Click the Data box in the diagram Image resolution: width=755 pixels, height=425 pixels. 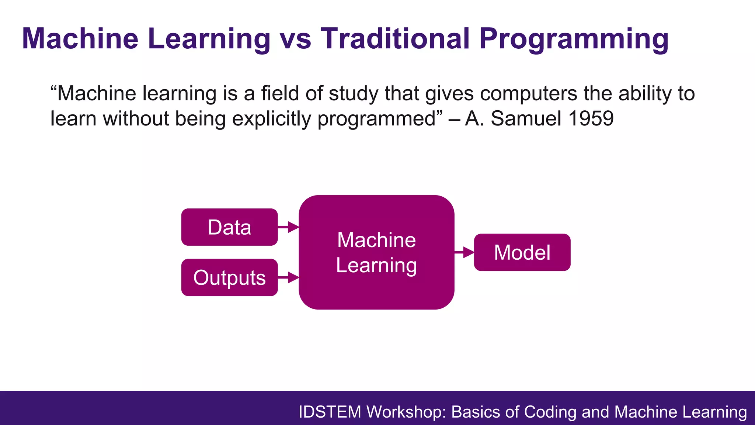point(229,227)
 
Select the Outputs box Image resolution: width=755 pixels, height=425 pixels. point(229,277)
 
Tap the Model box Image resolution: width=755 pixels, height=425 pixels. point(522,252)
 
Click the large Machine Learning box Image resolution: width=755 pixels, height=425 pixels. point(376,252)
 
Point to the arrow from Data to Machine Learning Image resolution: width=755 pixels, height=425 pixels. point(288,227)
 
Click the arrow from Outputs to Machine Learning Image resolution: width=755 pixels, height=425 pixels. point(288,277)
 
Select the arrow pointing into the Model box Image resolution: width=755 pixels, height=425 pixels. point(464,252)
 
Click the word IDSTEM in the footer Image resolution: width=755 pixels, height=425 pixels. point(330,412)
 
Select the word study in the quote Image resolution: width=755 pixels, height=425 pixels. point(354,94)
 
